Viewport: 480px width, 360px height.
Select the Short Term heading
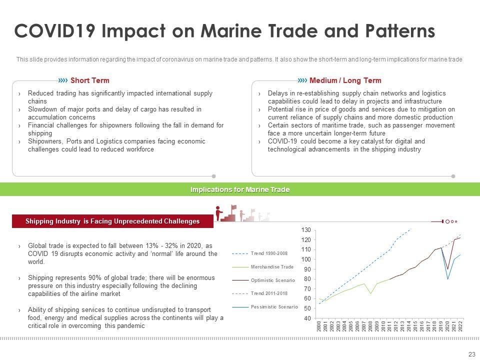pos(89,80)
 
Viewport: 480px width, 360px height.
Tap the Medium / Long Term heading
pos(345,80)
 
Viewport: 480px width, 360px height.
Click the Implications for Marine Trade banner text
pos(240,190)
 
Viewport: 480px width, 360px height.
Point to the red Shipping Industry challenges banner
pos(112,221)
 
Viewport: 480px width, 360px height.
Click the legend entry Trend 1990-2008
pos(269,253)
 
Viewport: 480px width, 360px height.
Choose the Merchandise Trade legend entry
pos(272,267)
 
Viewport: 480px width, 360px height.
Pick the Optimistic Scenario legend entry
pos(273,280)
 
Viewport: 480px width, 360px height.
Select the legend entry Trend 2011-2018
pos(269,293)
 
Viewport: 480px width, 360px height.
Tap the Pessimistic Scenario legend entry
pos(274,306)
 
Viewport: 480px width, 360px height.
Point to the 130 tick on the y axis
pos(306,230)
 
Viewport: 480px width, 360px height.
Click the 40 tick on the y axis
pos(307,318)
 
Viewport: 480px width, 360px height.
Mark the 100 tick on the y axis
pos(306,259)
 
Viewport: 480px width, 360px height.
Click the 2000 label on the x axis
pos(319,327)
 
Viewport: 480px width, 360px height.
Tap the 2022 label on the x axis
pos(460,327)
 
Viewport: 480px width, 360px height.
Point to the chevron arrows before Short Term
pos(63,80)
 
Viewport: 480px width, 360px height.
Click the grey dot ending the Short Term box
pos(214,176)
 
